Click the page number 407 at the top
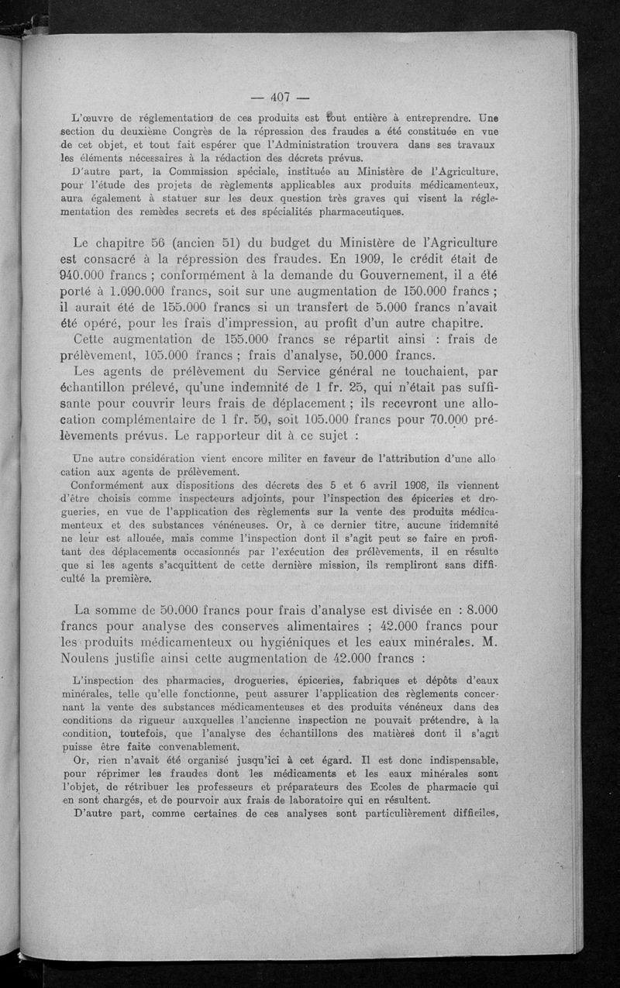(x=280, y=97)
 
